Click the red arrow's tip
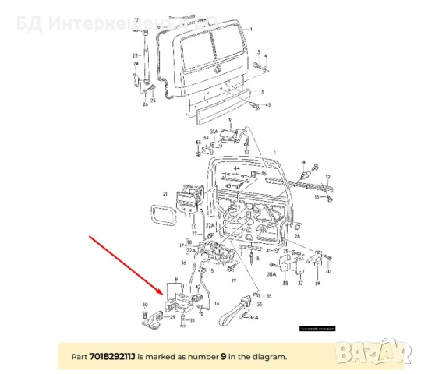167,294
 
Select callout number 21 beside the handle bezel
165,193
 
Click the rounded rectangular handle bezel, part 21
162,215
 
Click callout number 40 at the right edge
327,272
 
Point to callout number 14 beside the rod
218,302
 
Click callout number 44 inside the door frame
235,168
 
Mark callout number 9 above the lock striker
177,278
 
